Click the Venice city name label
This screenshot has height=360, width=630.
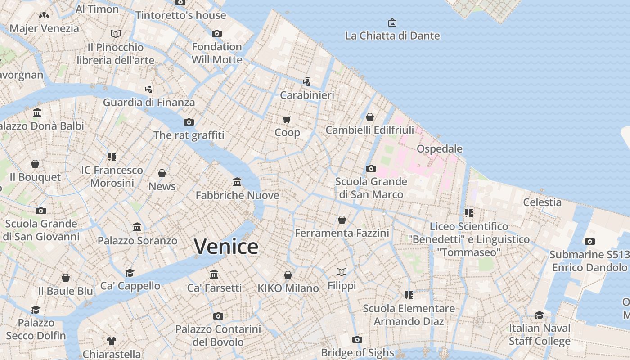coord(226,247)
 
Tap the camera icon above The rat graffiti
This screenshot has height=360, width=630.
coord(189,122)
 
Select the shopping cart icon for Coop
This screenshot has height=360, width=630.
coord(287,119)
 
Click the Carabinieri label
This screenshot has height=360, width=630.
coord(307,95)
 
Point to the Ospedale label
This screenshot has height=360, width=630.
coord(439,148)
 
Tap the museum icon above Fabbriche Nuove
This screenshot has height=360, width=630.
coord(237,182)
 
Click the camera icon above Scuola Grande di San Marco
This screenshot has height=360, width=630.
coord(371,168)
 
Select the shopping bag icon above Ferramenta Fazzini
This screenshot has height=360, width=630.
coord(342,220)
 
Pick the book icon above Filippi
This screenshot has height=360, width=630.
coord(342,272)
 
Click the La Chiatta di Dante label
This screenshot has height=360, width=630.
coord(392,36)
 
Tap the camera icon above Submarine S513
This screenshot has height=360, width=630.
coord(590,241)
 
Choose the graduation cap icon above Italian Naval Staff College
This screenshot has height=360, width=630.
coord(539,315)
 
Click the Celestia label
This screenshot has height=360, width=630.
coord(542,202)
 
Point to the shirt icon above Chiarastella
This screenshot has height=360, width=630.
coord(112,341)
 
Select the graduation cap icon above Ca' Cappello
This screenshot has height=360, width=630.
coord(130,273)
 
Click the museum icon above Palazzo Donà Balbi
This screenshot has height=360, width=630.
coord(37,112)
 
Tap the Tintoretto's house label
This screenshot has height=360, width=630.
coord(180,15)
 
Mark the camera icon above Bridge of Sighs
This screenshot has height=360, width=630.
coord(357,339)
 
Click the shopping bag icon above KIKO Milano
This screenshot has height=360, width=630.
coord(288,274)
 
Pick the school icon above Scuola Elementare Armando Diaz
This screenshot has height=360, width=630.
coord(409,295)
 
